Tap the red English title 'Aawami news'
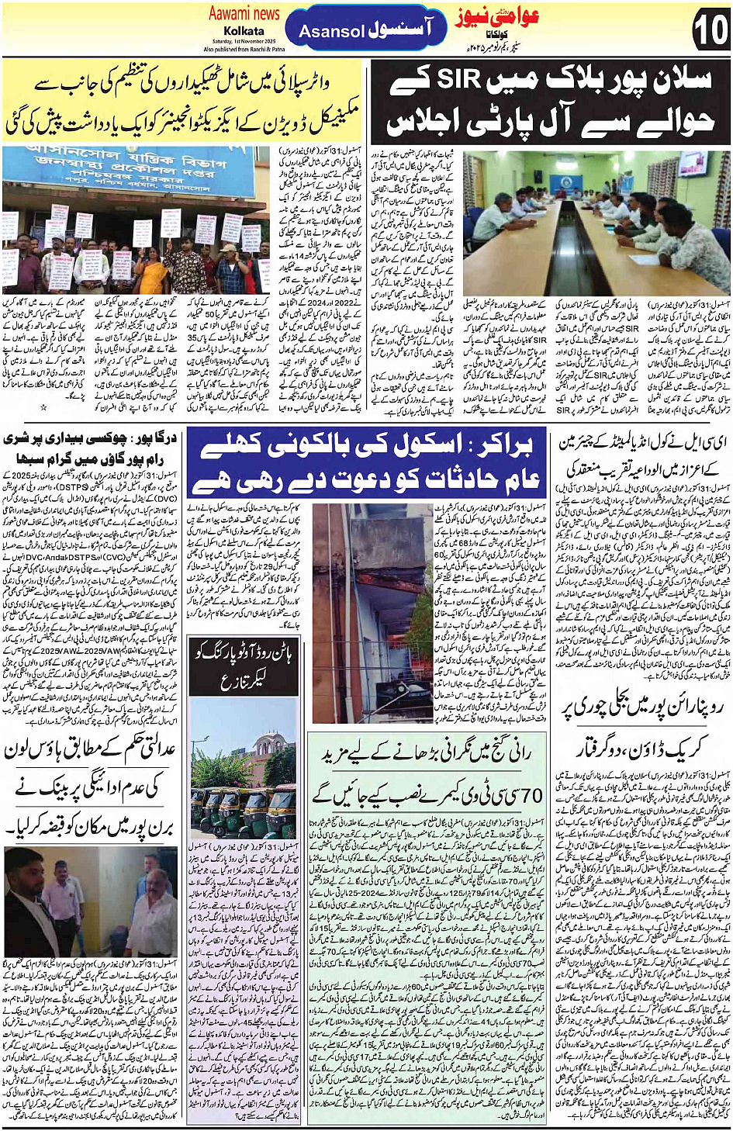point(244,13)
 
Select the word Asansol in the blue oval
point(331,31)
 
